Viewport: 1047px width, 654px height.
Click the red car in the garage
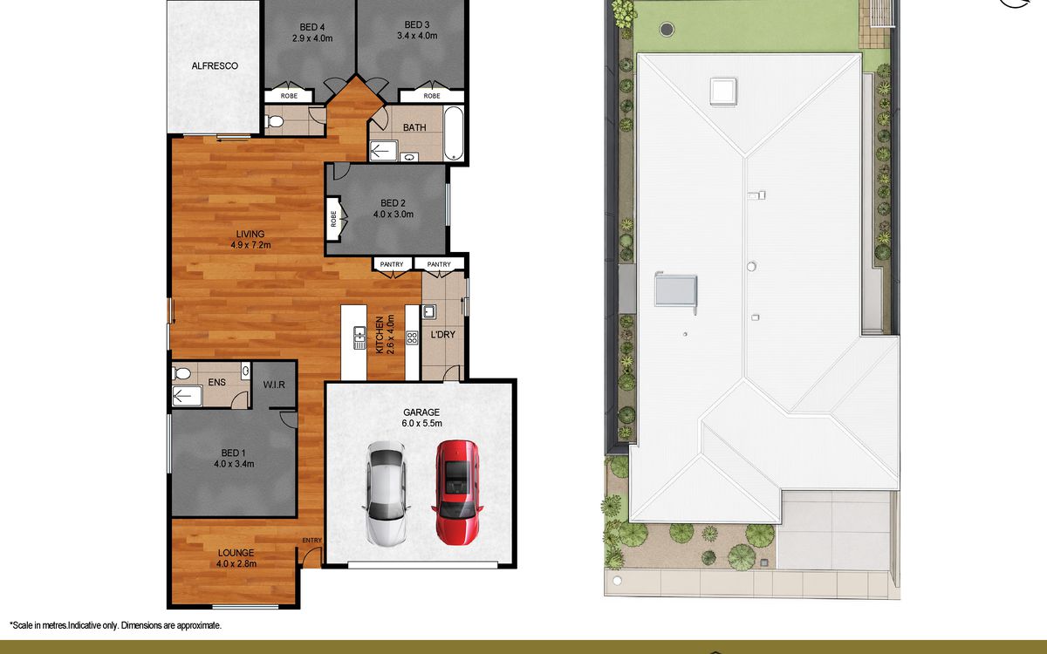coord(457,493)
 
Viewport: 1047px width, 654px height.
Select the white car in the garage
coord(386,494)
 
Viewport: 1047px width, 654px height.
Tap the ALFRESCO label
coord(215,66)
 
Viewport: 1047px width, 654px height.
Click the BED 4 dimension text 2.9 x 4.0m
coord(312,38)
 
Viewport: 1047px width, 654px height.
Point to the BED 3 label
coord(417,24)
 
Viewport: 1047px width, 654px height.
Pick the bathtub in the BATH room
coord(454,133)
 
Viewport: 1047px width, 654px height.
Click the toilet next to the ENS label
coord(181,373)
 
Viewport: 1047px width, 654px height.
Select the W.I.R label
coord(274,385)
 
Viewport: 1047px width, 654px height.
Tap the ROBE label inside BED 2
coord(333,219)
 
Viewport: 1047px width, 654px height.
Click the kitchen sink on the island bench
coord(359,337)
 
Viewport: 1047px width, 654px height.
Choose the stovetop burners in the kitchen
coord(412,337)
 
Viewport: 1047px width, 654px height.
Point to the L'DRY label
coord(442,335)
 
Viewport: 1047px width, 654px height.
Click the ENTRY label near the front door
coord(311,540)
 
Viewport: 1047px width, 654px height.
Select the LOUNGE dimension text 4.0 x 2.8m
coord(236,563)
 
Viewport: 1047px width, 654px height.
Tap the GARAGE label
coord(421,412)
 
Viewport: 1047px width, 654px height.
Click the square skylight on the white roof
coord(723,92)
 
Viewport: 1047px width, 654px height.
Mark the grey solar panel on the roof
coord(676,290)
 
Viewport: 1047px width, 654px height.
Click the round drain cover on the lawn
coord(667,29)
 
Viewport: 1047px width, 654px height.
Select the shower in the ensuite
coord(187,397)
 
